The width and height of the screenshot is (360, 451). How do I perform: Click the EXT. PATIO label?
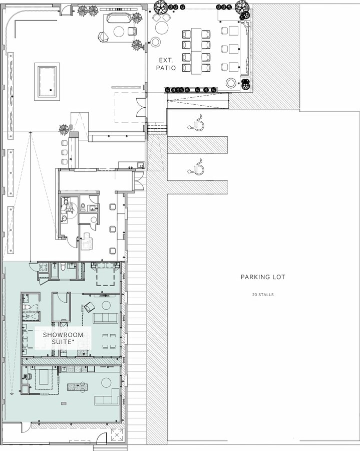166,64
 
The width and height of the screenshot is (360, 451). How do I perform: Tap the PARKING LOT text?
263,277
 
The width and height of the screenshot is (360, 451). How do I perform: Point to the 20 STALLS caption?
263,295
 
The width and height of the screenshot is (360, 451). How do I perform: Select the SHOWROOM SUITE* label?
63,338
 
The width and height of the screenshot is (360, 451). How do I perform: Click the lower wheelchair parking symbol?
196,167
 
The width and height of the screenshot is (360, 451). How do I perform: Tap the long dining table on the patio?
196,51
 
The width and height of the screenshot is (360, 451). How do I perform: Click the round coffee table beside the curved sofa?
119,32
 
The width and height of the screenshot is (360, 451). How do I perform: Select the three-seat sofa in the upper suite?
105,318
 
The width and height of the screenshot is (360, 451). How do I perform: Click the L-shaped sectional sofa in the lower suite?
107,397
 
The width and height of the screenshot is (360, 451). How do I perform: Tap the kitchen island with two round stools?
77,386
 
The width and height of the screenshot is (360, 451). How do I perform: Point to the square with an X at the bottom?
117,434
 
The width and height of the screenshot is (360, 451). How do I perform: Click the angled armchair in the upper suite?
89,307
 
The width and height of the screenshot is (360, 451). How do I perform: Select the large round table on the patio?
162,28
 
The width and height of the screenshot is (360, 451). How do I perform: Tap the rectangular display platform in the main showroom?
47,82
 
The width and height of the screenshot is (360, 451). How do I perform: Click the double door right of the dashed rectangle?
141,107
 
